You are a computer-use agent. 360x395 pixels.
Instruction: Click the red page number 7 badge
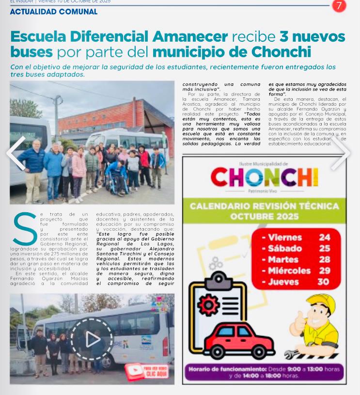[339, 6]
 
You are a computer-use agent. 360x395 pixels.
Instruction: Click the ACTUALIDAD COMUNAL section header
[53, 12]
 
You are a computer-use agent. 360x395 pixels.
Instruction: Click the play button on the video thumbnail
[92, 339]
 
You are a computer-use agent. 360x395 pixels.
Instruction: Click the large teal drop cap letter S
[25, 229]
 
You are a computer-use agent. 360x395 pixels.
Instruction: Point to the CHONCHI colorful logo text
[264, 177]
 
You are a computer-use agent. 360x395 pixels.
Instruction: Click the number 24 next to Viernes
[324, 237]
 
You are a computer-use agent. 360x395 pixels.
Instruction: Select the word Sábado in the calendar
[285, 249]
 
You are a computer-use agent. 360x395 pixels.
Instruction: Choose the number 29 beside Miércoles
[324, 270]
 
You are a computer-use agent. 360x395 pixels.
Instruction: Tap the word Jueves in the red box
[285, 282]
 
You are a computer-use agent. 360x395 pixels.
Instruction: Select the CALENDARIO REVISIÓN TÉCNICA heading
[264, 211]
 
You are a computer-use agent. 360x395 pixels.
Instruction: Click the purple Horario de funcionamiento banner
[264, 372]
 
